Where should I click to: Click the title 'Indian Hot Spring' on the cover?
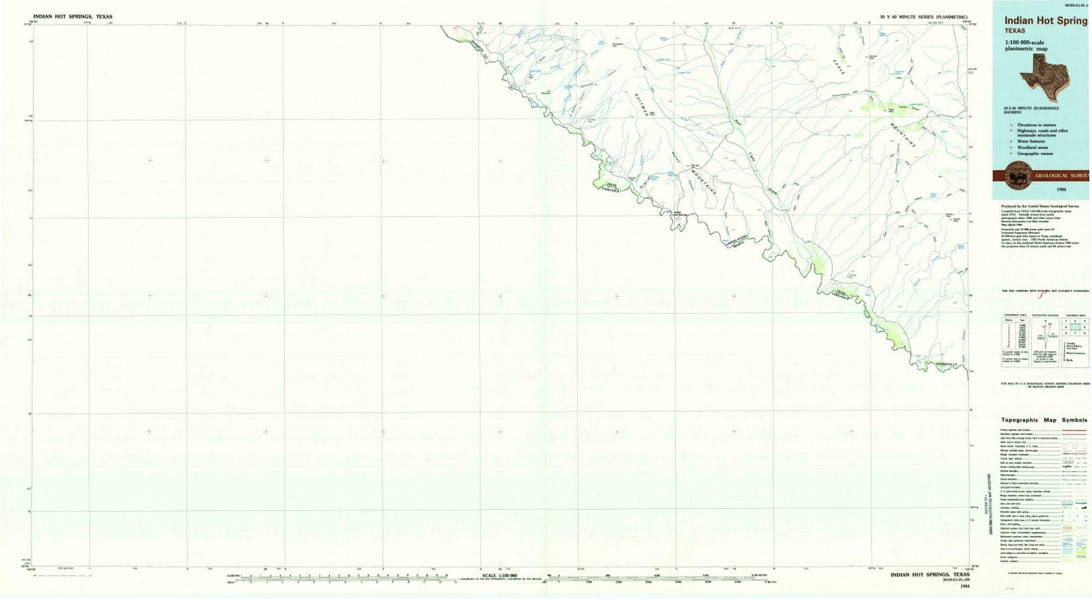pos(1045,21)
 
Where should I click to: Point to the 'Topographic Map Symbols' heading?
pos(1044,420)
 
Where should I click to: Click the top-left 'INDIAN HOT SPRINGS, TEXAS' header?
pos(73,16)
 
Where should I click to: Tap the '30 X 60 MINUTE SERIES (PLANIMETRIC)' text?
pos(923,16)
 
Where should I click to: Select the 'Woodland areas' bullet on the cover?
pos(1033,147)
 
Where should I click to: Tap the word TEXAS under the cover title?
pos(1014,31)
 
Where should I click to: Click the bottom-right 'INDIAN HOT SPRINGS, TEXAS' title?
pos(929,575)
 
